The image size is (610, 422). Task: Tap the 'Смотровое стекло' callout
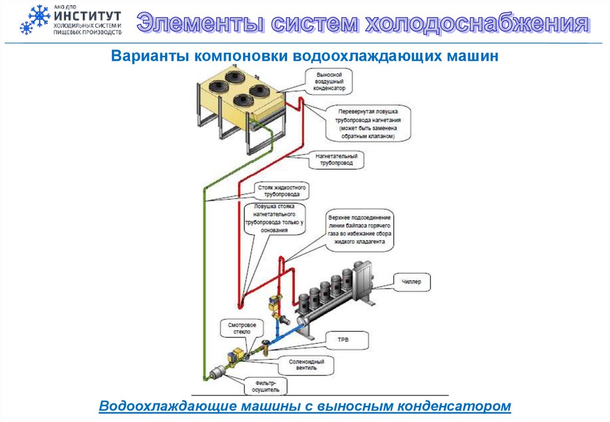point(242,328)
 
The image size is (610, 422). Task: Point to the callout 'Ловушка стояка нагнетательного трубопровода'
point(275,218)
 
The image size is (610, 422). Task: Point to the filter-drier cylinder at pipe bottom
point(216,372)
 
